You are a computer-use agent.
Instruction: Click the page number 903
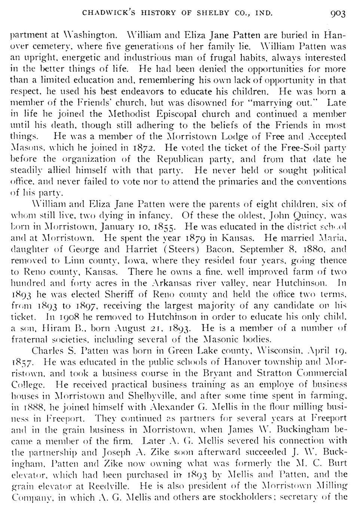pyautogui.click(x=338, y=14)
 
